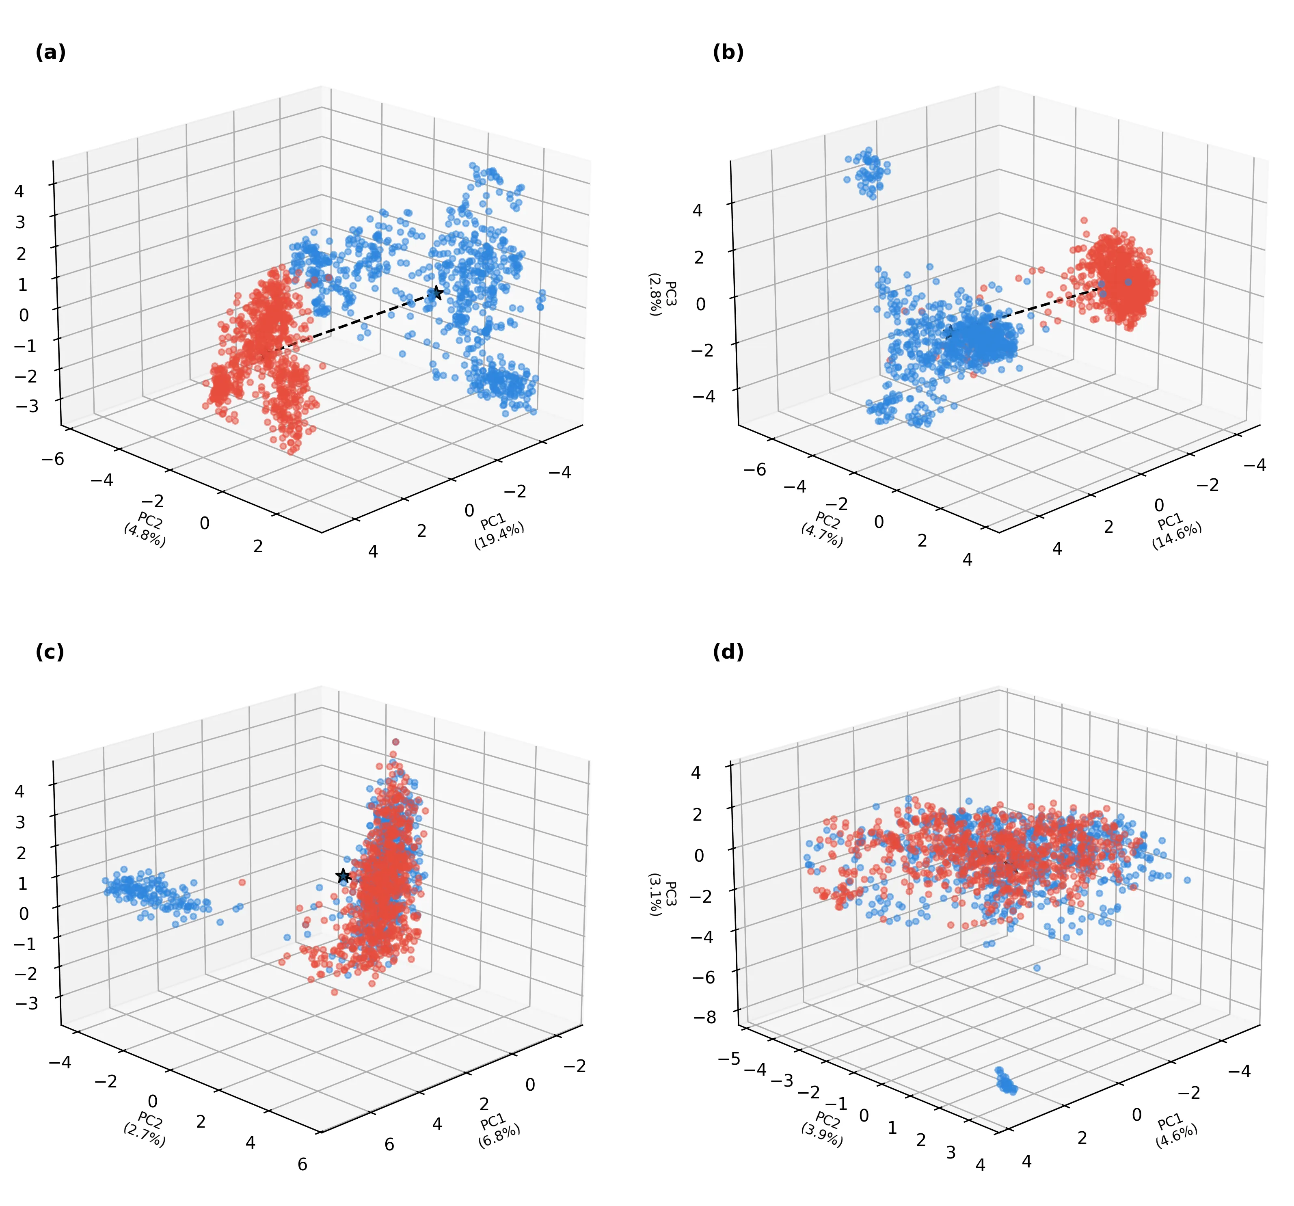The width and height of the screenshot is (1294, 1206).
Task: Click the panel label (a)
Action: pyautogui.click(x=50, y=53)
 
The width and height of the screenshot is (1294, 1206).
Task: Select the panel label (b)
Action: pyautogui.click(x=728, y=53)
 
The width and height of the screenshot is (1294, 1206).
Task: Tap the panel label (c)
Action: pyautogui.click(x=50, y=652)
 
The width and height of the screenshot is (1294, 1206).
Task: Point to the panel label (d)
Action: pyautogui.click(x=728, y=652)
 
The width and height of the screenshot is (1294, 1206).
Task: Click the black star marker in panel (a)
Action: pyautogui.click(x=437, y=294)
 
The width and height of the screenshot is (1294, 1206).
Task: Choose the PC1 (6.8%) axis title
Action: pyautogui.click(x=499, y=1130)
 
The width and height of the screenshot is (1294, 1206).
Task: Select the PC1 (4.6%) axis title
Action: pyautogui.click(x=1175, y=1130)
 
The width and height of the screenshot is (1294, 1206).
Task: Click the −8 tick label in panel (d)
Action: pyautogui.click(x=706, y=1017)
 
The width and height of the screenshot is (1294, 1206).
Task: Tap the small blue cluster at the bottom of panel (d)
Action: pyautogui.click(x=1006, y=1082)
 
